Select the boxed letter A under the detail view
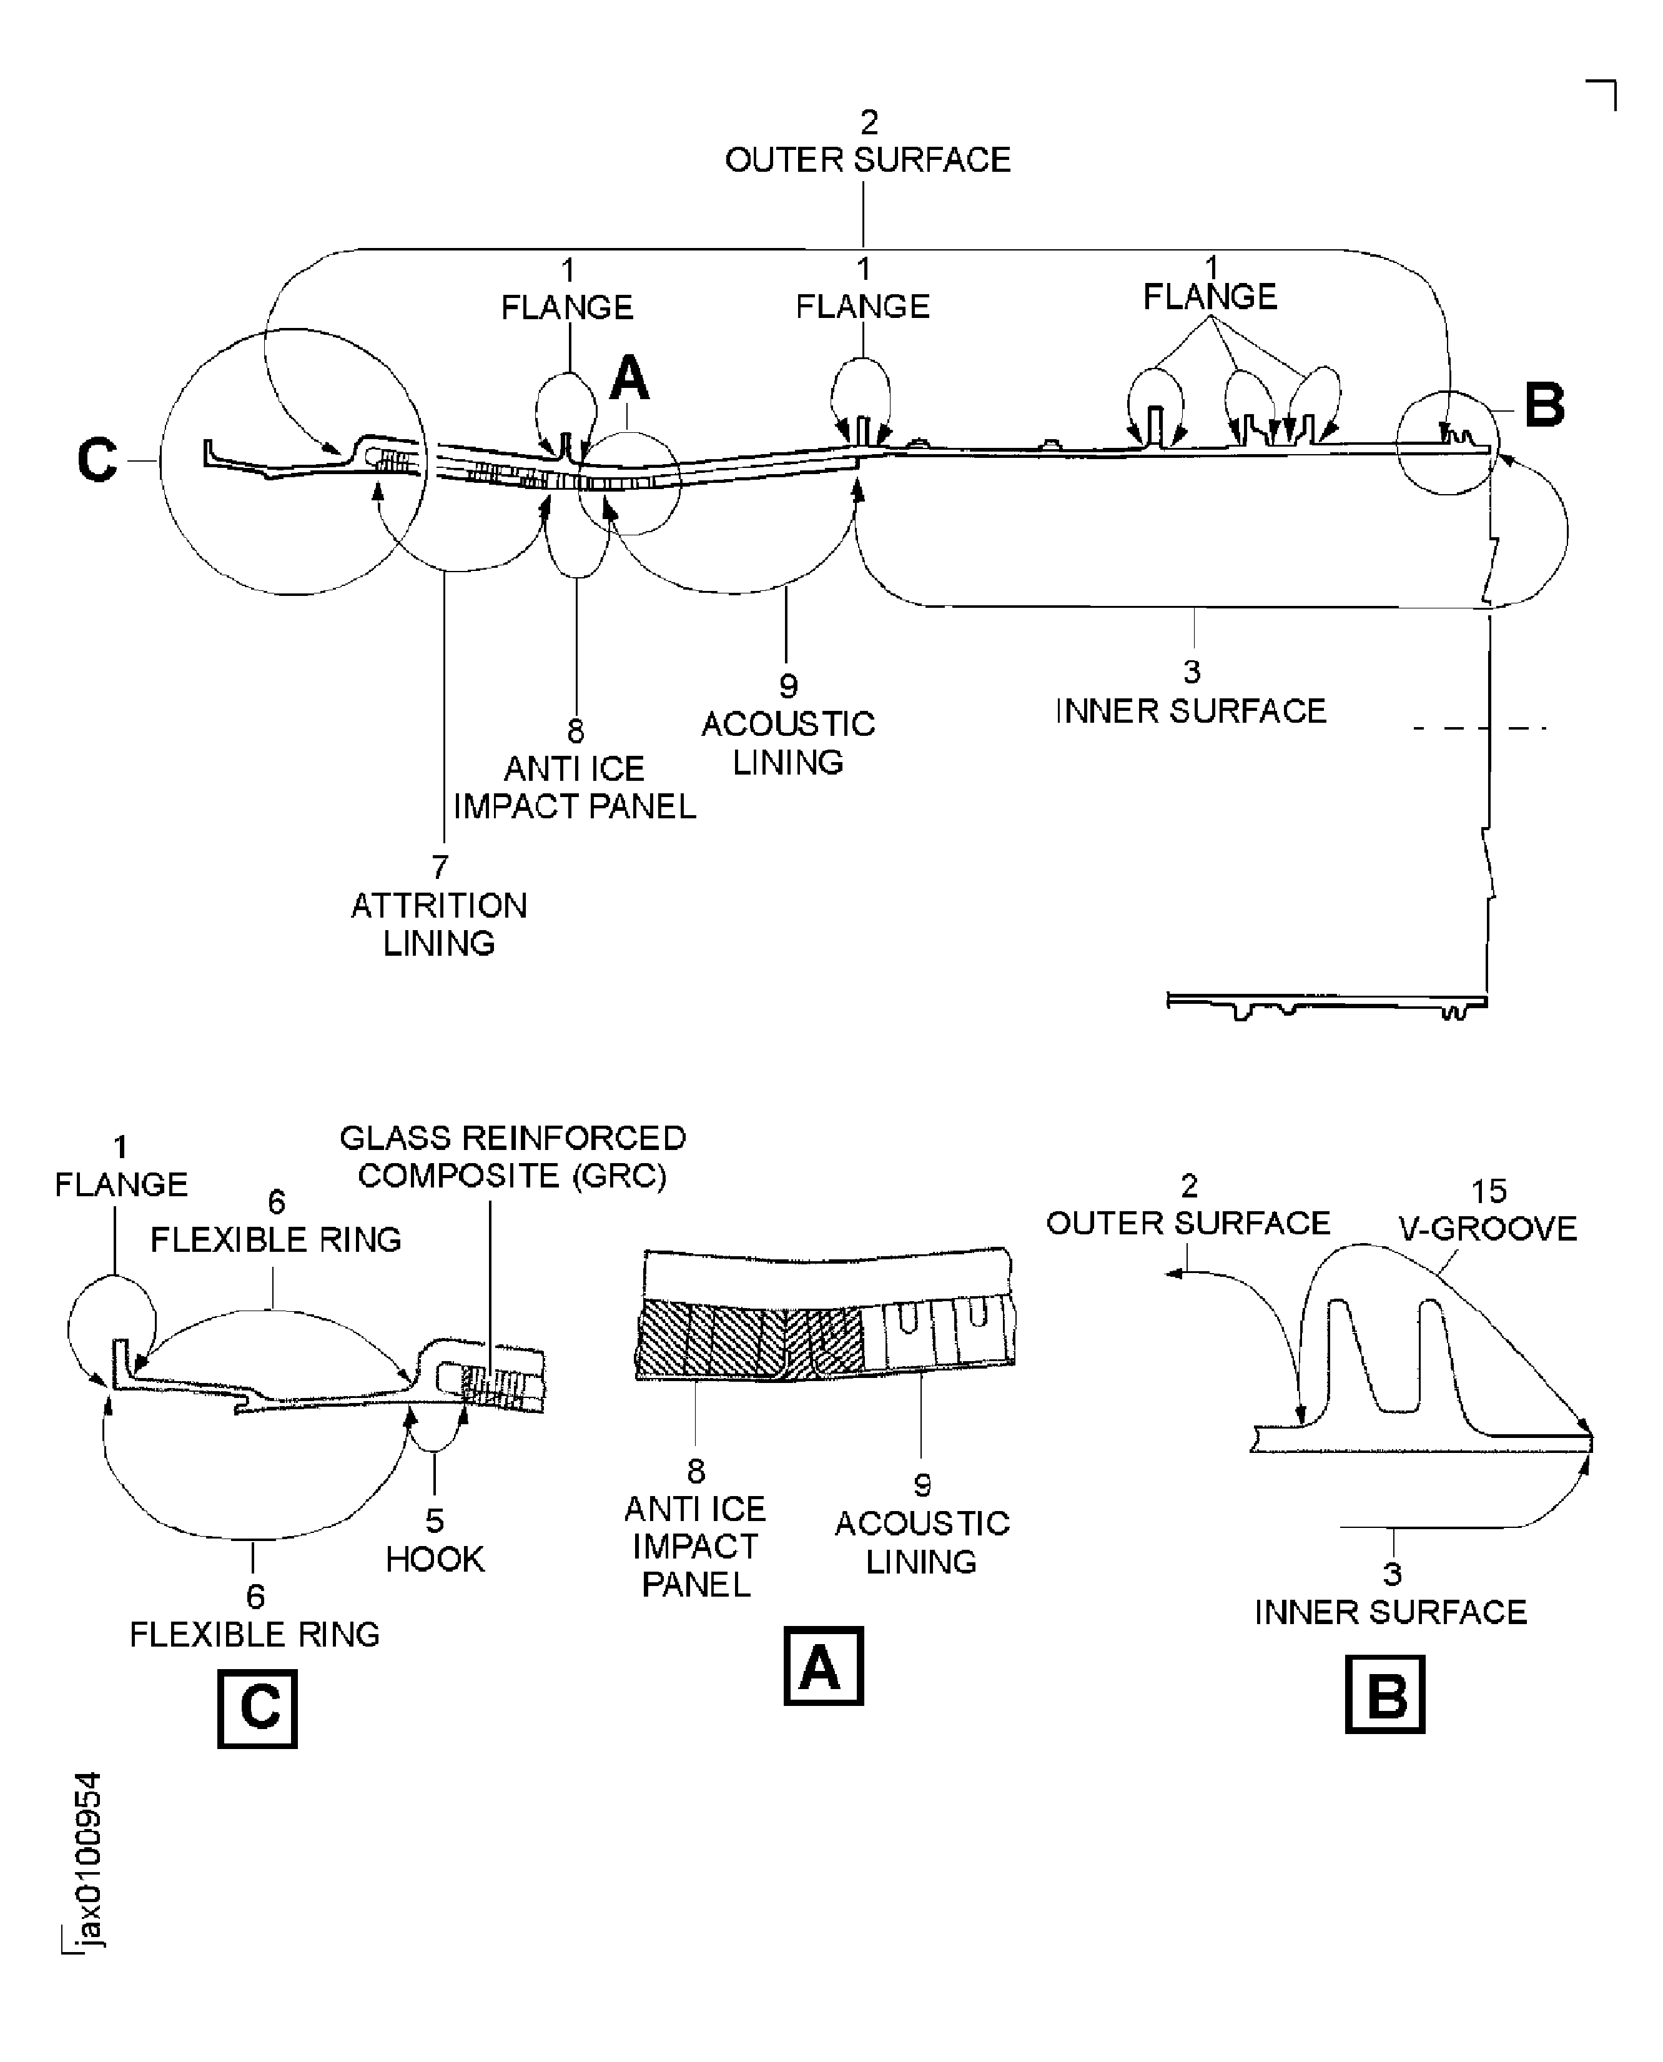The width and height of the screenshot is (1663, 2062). point(823,1666)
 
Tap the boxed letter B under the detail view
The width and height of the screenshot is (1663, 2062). point(1384,1694)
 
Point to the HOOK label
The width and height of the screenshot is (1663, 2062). point(435,1559)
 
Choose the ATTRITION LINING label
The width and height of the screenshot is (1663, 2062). point(439,924)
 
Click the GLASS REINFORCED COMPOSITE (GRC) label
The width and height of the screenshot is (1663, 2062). point(513,1156)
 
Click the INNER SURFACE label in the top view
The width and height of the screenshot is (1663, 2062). point(1191,711)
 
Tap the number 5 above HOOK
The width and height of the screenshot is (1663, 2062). point(435,1520)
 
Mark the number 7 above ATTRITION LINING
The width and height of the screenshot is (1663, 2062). point(440,867)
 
